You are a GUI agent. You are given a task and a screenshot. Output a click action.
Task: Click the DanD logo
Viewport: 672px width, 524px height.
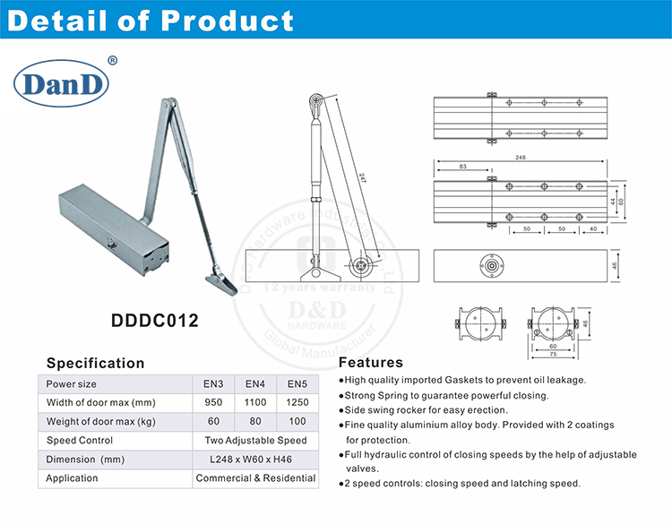tap(61, 85)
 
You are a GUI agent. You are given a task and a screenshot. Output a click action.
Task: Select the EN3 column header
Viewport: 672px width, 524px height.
tap(213, 383)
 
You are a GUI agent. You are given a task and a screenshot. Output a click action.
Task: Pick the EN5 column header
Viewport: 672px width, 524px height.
tap(297, 383)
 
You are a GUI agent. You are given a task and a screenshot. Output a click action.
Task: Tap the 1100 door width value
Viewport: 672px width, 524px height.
tap(255, 402)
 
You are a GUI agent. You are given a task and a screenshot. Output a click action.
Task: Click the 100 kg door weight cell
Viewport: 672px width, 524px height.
tap(297, 421)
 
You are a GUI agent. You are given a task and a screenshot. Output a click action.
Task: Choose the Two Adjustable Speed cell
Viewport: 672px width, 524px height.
tap(255, 440)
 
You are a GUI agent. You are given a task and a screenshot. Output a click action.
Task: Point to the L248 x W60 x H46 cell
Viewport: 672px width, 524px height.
tap(255, 460)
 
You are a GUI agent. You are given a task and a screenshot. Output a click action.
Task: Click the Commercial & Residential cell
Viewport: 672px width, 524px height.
tap(255, 478)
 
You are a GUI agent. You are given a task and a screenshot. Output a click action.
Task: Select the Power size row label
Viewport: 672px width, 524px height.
tap(72, 383)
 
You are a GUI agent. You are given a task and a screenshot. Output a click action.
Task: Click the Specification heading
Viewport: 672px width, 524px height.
tap(95, 363)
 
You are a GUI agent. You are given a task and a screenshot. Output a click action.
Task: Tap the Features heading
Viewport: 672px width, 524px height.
tap(371, 363)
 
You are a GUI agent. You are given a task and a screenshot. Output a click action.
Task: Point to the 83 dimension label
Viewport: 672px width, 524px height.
tap(462, 167)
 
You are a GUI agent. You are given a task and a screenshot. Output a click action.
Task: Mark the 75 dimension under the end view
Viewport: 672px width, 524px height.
tap(553, 353)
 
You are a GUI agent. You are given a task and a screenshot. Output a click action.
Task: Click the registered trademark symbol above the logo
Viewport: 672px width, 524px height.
tap(112, 61)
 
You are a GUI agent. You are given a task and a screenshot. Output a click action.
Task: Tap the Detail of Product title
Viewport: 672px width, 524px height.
tap(151, 21)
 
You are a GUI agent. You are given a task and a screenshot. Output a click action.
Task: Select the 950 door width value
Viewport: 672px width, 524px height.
tap(213, 402)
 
